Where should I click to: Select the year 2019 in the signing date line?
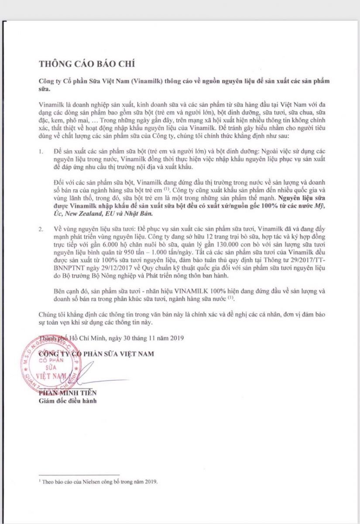pos(176,338)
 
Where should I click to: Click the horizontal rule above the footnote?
pos(79,475)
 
